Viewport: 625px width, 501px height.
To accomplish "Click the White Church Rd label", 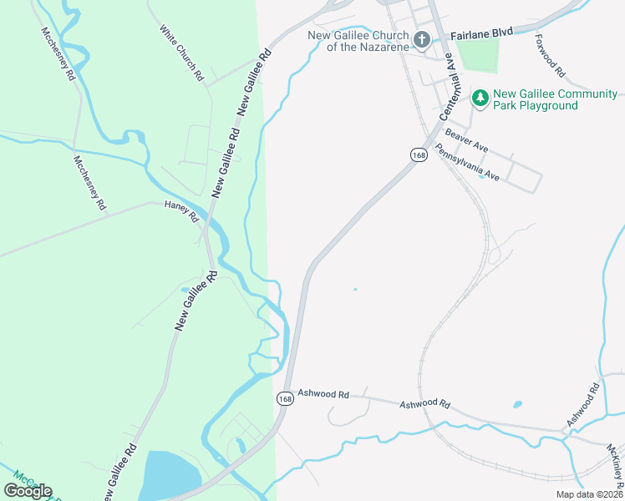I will (182, 52).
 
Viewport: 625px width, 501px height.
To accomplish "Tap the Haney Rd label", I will (181, 212).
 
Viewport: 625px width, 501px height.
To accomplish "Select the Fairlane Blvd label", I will (481, 33).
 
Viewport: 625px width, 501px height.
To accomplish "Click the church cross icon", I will (422, 39).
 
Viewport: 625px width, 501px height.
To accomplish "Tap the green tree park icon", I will (480, 99).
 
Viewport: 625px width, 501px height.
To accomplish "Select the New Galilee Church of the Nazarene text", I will (358, 41).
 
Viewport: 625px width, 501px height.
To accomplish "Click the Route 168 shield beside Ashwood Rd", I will (286, 398).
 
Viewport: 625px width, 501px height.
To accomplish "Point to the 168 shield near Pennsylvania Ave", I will (419, 154).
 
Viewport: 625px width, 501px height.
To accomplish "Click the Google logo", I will (28, 491).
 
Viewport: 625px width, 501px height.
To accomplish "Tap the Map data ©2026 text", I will (589, 494).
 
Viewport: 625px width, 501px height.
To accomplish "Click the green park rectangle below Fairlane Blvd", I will (477, 55).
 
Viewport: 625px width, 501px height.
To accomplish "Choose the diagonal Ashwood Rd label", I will (583, 405).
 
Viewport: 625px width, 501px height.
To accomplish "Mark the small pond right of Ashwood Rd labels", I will (518, 405).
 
